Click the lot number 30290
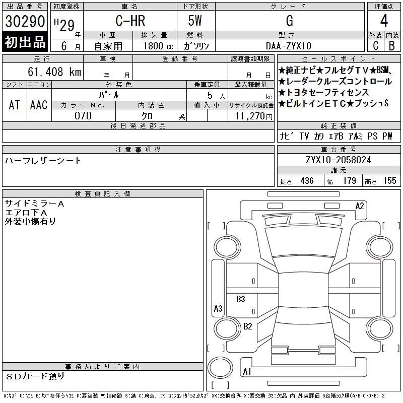[x=25, y=21]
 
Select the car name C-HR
[x=130, y=21]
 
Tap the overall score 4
[x=384, y=21]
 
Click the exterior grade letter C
[x=376, y=46]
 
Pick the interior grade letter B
[x=392, y=46]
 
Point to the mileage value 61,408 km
[x=54, y=72]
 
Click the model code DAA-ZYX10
[x=289, y=46]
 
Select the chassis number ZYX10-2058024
[x=339, y=160]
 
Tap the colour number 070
[x=83, y=116]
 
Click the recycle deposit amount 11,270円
[x=254, y=116]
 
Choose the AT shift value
[x=14, y=105]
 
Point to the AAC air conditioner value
[x=39, y=105]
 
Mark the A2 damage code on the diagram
[x=360, y=206]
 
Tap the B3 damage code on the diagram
[x=241, y=299]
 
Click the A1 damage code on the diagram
[x=247, y=372]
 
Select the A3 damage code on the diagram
[x=218, y=308]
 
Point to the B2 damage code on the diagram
[x=248, y=326]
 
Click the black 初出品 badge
[x=25, y=42]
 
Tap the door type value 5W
[x=195, y=21]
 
